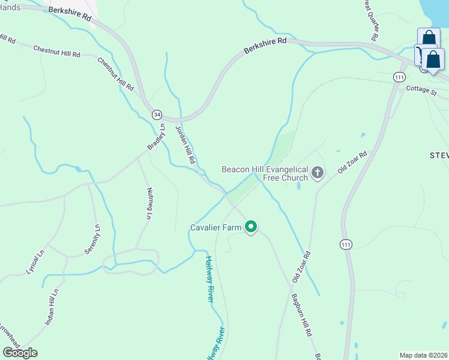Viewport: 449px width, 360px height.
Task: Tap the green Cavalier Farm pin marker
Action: coord(252,227)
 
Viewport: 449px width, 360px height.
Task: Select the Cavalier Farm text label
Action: coord(215,227)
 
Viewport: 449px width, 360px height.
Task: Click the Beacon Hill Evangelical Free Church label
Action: coord(265,173)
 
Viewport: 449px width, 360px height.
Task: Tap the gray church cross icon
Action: coord(318,173)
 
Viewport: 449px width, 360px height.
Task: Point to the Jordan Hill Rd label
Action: coord(185,145)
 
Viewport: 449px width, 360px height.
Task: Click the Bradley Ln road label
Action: coord(156,137)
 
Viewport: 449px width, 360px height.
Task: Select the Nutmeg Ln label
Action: coord(150,203)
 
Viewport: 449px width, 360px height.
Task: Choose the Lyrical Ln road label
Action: coord(35,262)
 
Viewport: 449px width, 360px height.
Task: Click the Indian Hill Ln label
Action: coord(52,308)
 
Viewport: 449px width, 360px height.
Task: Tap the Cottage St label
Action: coord(421,90)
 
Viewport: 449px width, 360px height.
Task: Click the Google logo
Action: coord(20,353)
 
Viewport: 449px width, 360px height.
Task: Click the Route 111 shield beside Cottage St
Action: coord(399,77)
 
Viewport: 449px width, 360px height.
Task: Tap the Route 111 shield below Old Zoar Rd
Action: coord(346,244)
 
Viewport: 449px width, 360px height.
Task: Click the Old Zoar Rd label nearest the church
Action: coord(352,162)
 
